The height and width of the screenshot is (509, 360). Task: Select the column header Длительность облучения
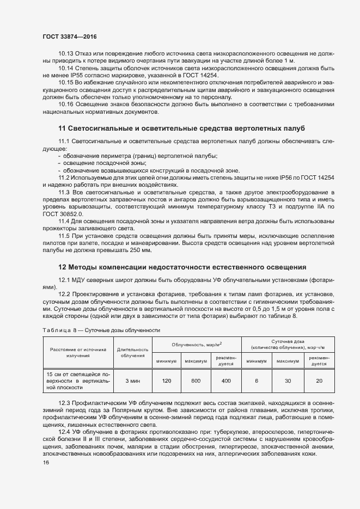point(132,352)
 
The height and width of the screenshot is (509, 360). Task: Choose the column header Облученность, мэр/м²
point(197,345)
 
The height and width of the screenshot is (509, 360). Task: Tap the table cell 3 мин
point(132,381)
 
